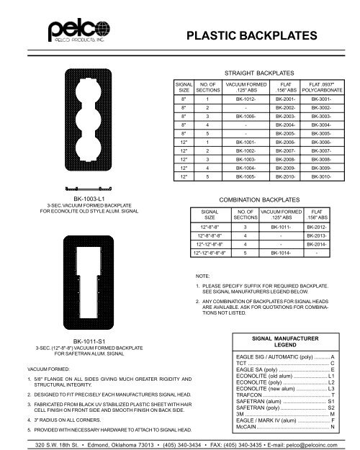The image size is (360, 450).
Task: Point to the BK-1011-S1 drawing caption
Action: (86, 339)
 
